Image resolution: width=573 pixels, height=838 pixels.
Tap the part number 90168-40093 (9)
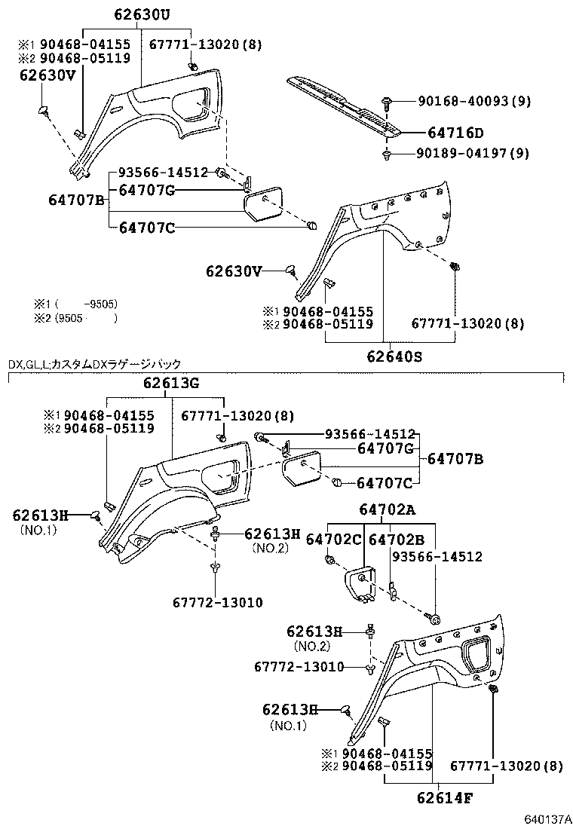tap(473, 100)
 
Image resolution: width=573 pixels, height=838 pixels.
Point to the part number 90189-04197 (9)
tap(473, 154)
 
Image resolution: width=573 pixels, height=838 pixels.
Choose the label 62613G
tap(171, 384)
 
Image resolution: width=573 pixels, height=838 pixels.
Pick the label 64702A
tap(387, 510)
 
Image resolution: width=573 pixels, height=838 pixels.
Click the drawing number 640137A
tap(544, 820)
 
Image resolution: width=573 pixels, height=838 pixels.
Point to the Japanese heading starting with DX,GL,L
tap(95, 364)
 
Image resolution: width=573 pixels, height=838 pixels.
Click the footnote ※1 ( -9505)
tap(75, 304)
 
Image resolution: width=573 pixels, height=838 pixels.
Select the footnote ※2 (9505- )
tap(75, 318)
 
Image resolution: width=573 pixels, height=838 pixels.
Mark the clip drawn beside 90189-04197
tap(386, 155)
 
